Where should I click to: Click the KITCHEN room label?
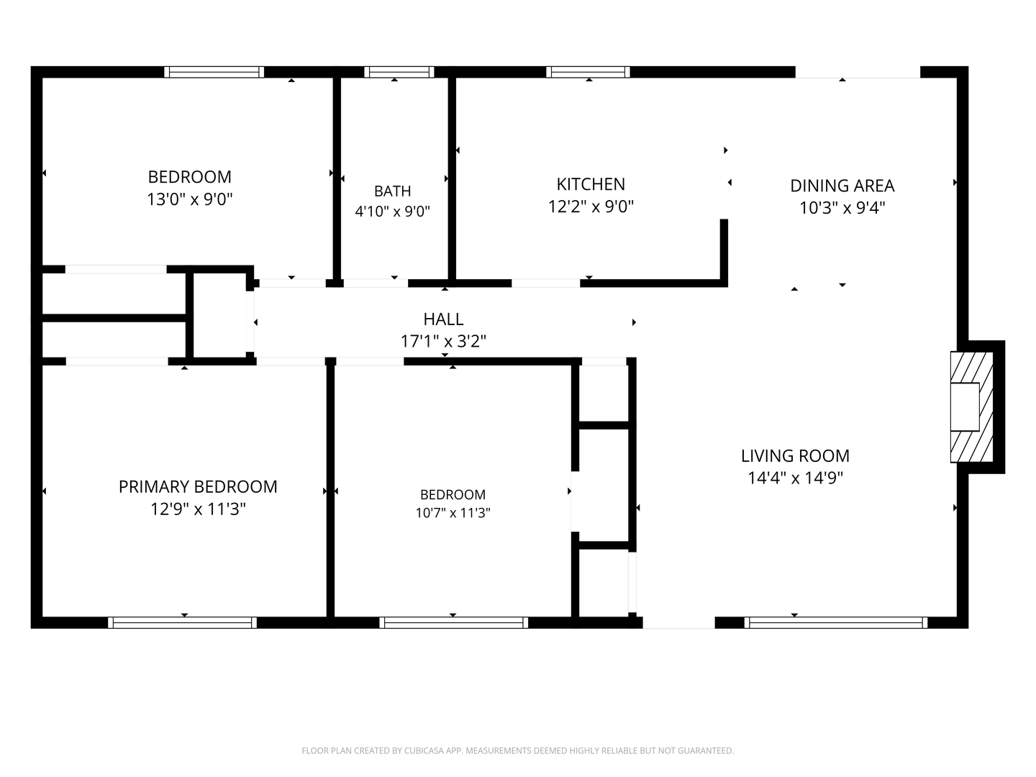[591, 184]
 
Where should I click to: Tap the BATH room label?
[392, 191]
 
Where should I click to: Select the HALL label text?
[443, 319]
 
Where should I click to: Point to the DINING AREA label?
[842, 186]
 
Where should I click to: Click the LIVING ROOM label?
[795, 455]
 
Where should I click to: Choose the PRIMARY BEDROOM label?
[198, 487]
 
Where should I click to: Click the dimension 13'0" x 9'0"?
[190, 199]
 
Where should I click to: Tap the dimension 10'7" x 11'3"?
[453, 512]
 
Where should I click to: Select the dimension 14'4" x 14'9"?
[795, 478]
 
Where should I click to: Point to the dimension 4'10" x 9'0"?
[392, 211]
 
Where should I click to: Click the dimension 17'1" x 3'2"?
[443, 340]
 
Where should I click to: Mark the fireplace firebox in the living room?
[965, 406]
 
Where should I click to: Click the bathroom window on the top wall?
[399, 72]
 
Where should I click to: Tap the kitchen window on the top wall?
[588, 72]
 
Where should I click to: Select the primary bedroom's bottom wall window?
[182, 623]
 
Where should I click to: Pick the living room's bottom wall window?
[836, 623]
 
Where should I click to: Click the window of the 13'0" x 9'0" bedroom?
[214, 72]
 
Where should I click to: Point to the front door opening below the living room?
[678, 623]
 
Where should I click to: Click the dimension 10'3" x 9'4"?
[842, 208]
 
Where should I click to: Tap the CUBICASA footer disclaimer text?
[518, 750]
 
